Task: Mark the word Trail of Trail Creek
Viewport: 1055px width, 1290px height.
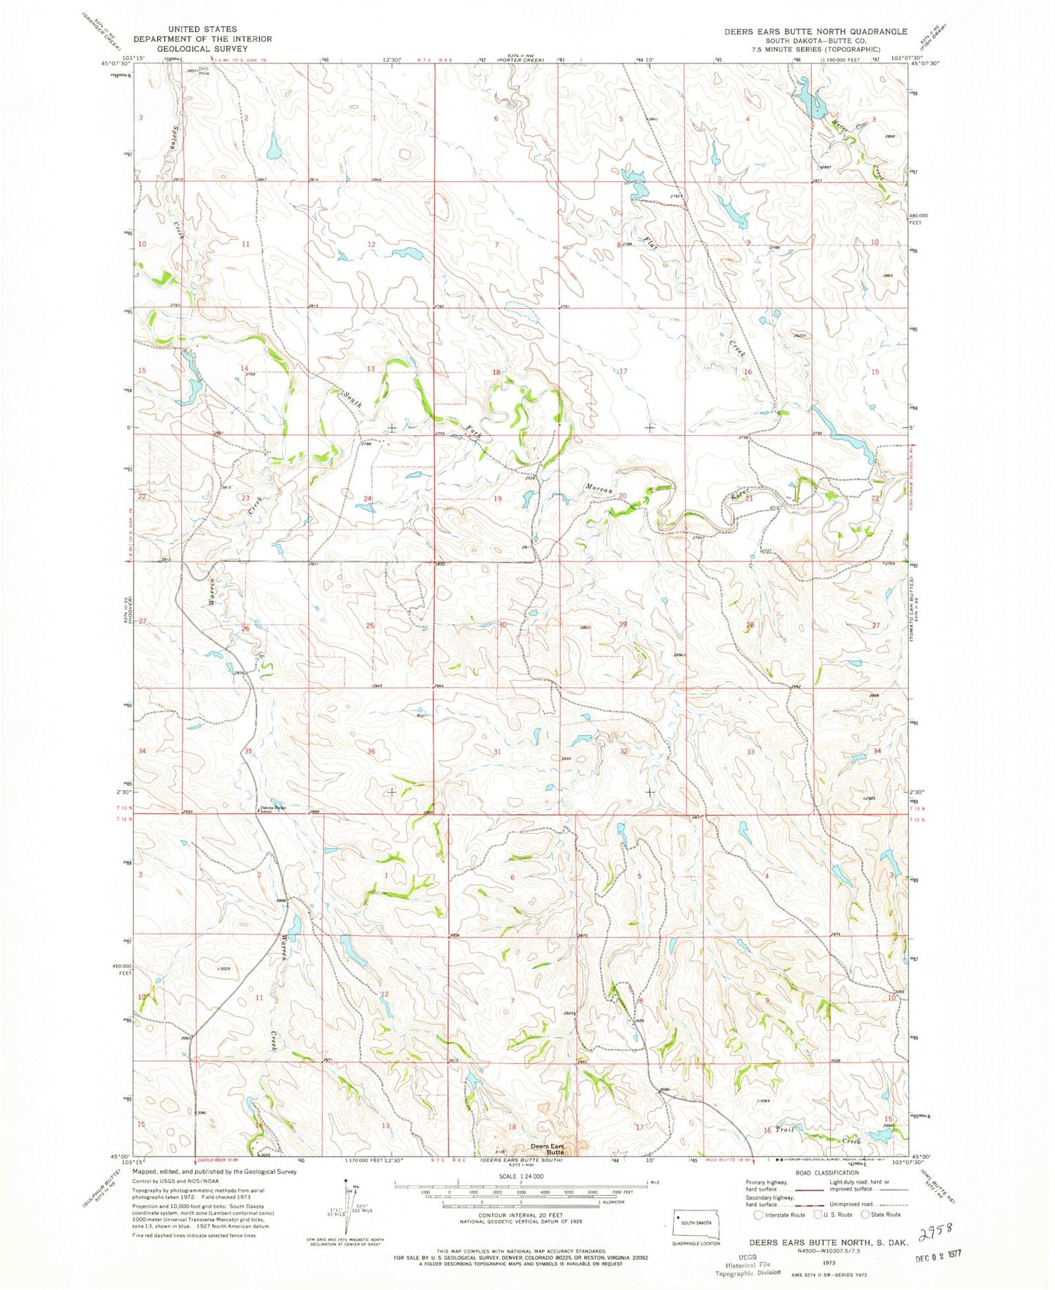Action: (783, 1130)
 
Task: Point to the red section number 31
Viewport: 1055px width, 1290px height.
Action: (497, 751)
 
